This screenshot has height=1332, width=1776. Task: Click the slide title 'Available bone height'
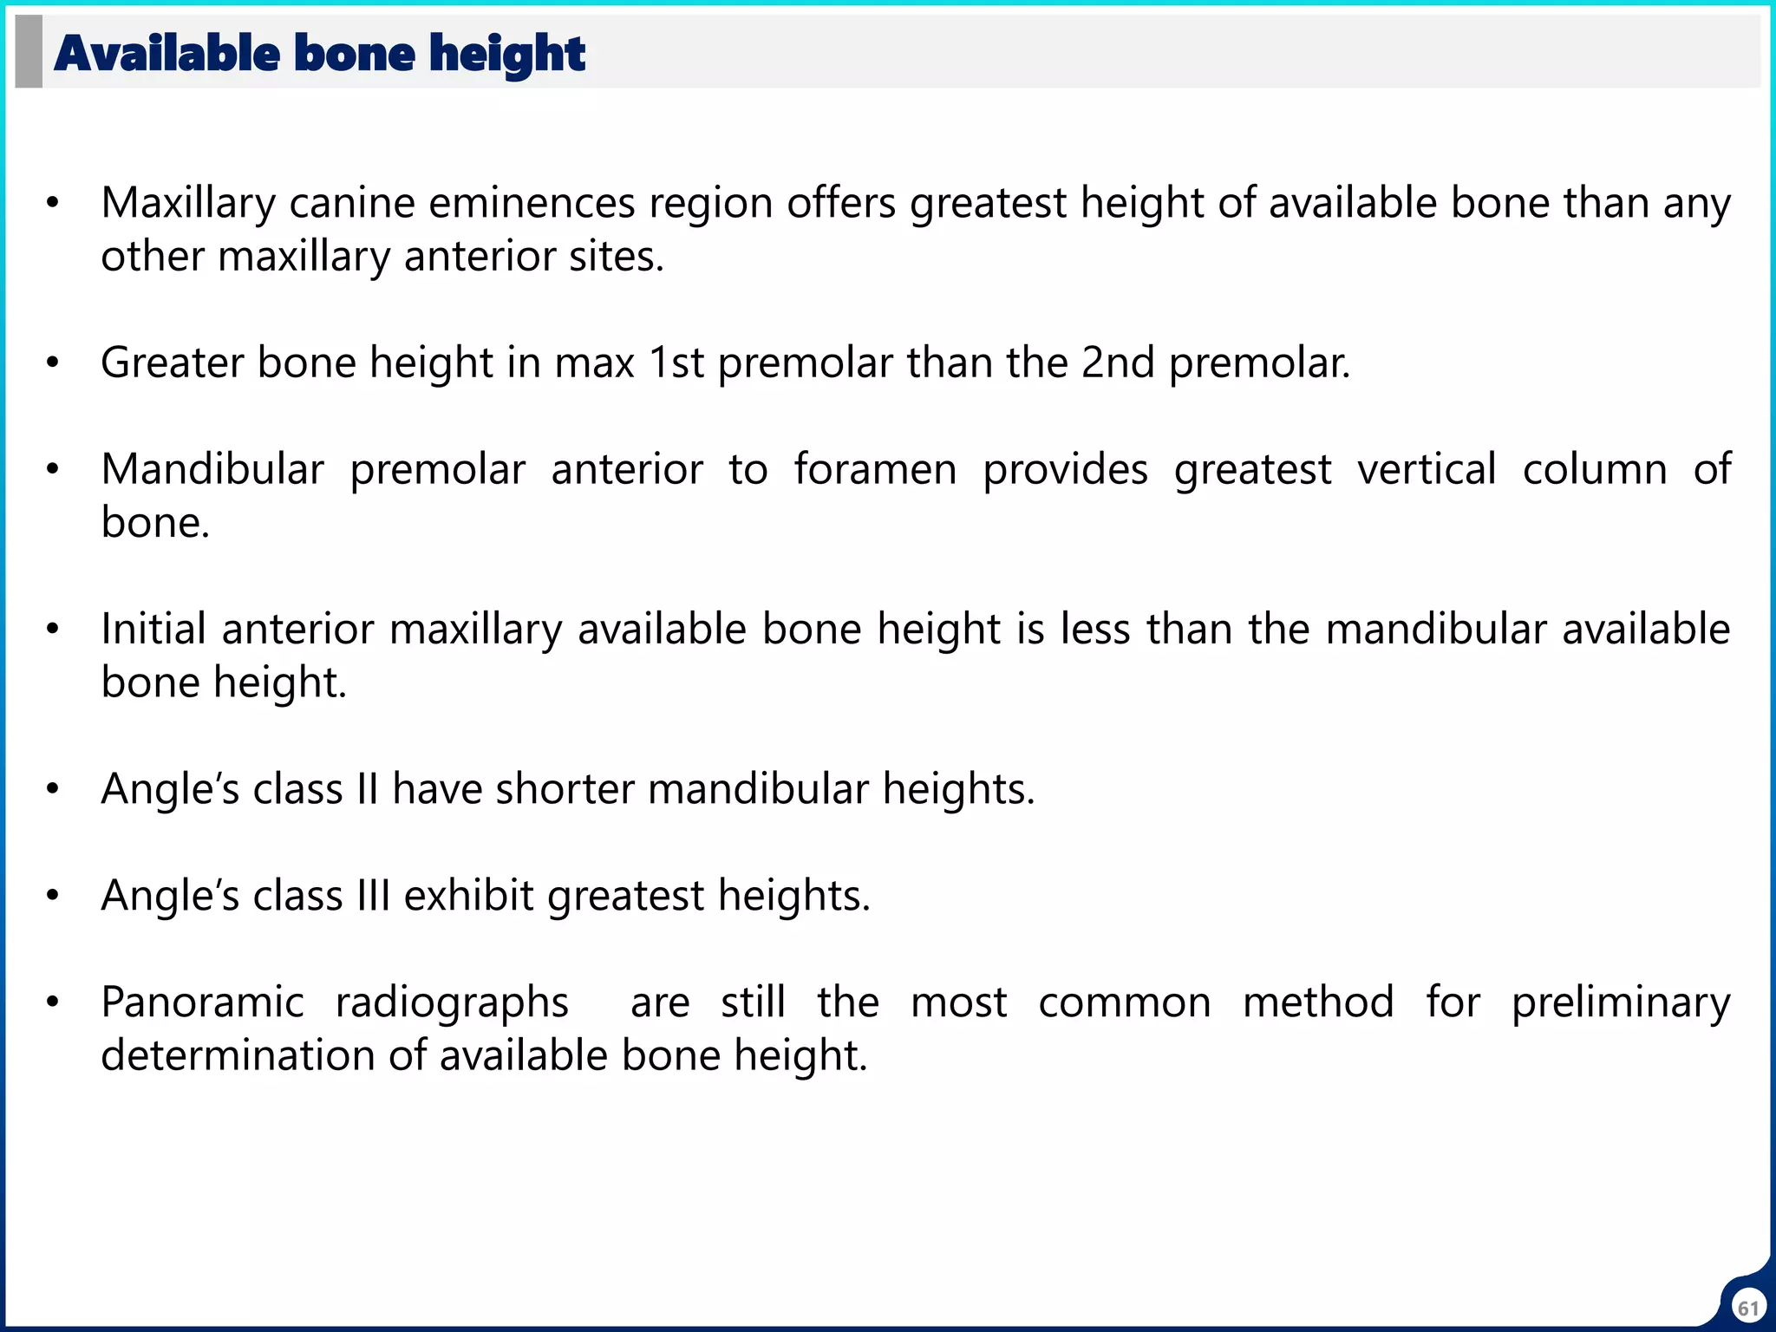pos(319,54)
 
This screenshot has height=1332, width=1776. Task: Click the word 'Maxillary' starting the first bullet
pos(187,204)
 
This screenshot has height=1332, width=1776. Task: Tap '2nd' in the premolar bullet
pos(1118,362)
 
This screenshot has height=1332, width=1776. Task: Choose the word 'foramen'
pos(875,470)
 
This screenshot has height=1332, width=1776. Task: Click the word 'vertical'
pos(1427,470)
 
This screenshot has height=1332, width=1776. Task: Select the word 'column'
pos(1594,470)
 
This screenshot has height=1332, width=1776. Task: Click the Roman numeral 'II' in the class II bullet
pos(368,790)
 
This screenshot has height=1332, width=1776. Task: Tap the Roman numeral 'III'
pos(373,896)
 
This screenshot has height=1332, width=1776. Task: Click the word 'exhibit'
pos(468,896)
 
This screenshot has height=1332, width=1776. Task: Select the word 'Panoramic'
pos(202,1003)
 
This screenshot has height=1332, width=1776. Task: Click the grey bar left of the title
pos(29,52)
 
